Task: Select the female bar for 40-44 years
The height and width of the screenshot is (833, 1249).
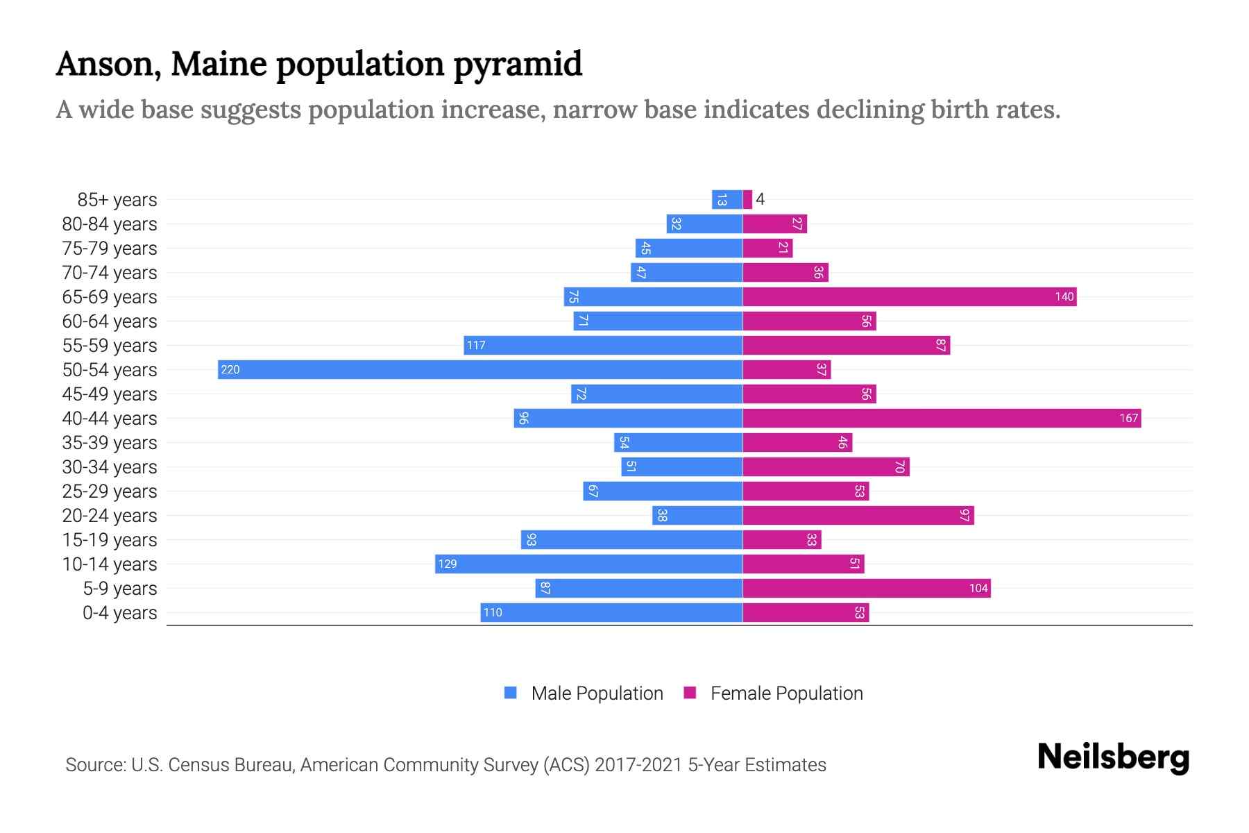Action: point(942,418)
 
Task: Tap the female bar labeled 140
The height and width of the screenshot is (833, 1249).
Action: point(909,296)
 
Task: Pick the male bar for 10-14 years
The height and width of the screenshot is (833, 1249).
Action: point(588,564)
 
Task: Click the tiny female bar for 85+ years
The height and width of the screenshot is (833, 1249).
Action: point(747,199)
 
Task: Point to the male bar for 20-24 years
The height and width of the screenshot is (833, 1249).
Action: point(697,515)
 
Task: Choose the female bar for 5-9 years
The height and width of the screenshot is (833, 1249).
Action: point(867,588)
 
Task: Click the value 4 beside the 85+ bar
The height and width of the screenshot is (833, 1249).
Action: point(761,199)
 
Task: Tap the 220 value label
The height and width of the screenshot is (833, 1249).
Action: point(230,369)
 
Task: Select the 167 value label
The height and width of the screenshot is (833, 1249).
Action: point(1128,418)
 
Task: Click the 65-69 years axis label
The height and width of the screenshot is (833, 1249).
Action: point(110,297)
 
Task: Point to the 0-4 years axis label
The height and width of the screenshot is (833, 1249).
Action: point(119,613)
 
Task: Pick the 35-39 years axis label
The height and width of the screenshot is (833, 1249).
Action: point(110,443)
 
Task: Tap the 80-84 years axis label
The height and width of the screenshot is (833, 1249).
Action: point(110,224)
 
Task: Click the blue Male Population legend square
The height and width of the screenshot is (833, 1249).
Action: point(511,693)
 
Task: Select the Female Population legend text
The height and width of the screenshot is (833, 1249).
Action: point(786,693)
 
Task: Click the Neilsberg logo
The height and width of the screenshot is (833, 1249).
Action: point(1113,757)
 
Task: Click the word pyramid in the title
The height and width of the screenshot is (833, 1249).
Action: point(518,64)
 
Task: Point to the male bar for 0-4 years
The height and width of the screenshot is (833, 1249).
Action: point(611,612)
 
